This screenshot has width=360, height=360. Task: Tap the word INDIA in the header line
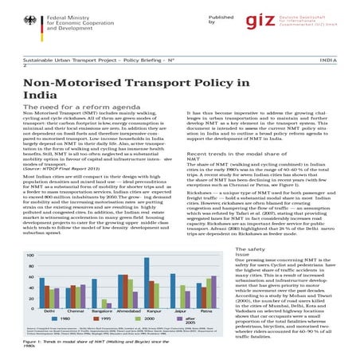pyautogui.click(x=337, y=60)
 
